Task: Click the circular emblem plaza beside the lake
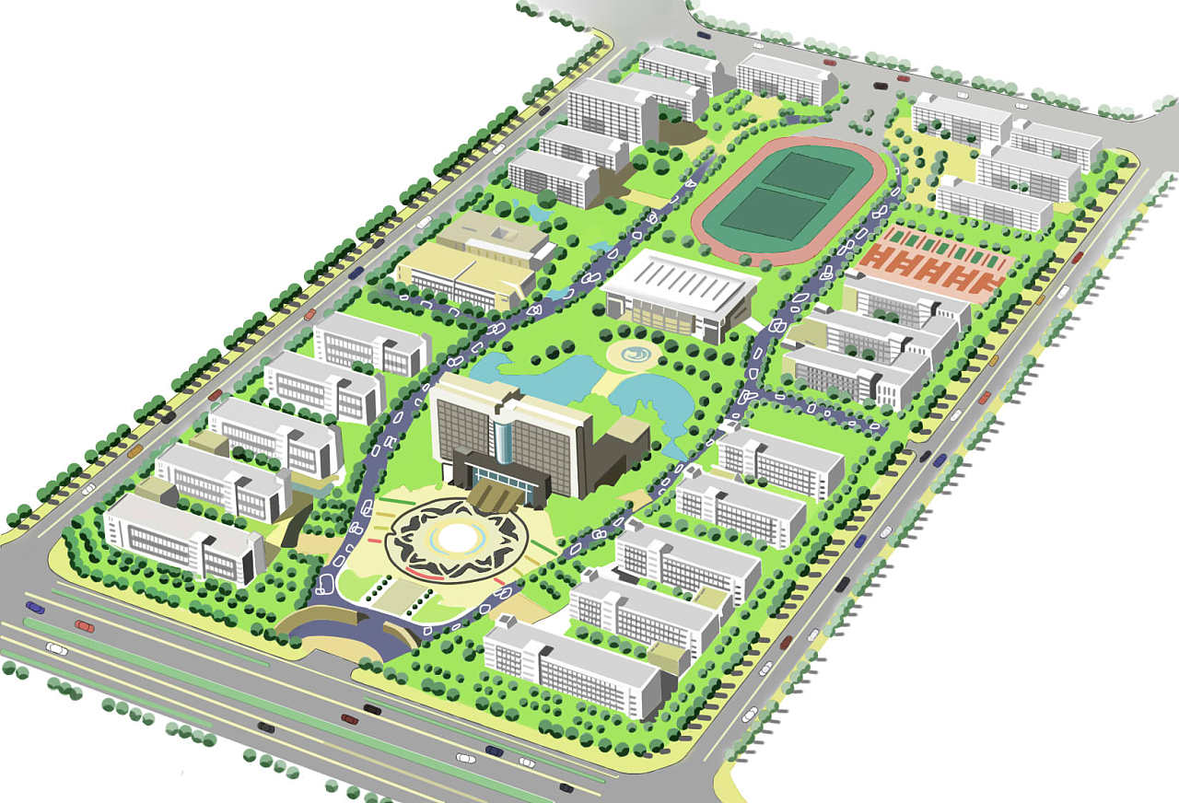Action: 633,355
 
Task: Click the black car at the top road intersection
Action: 881,86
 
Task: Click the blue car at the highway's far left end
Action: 35,607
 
